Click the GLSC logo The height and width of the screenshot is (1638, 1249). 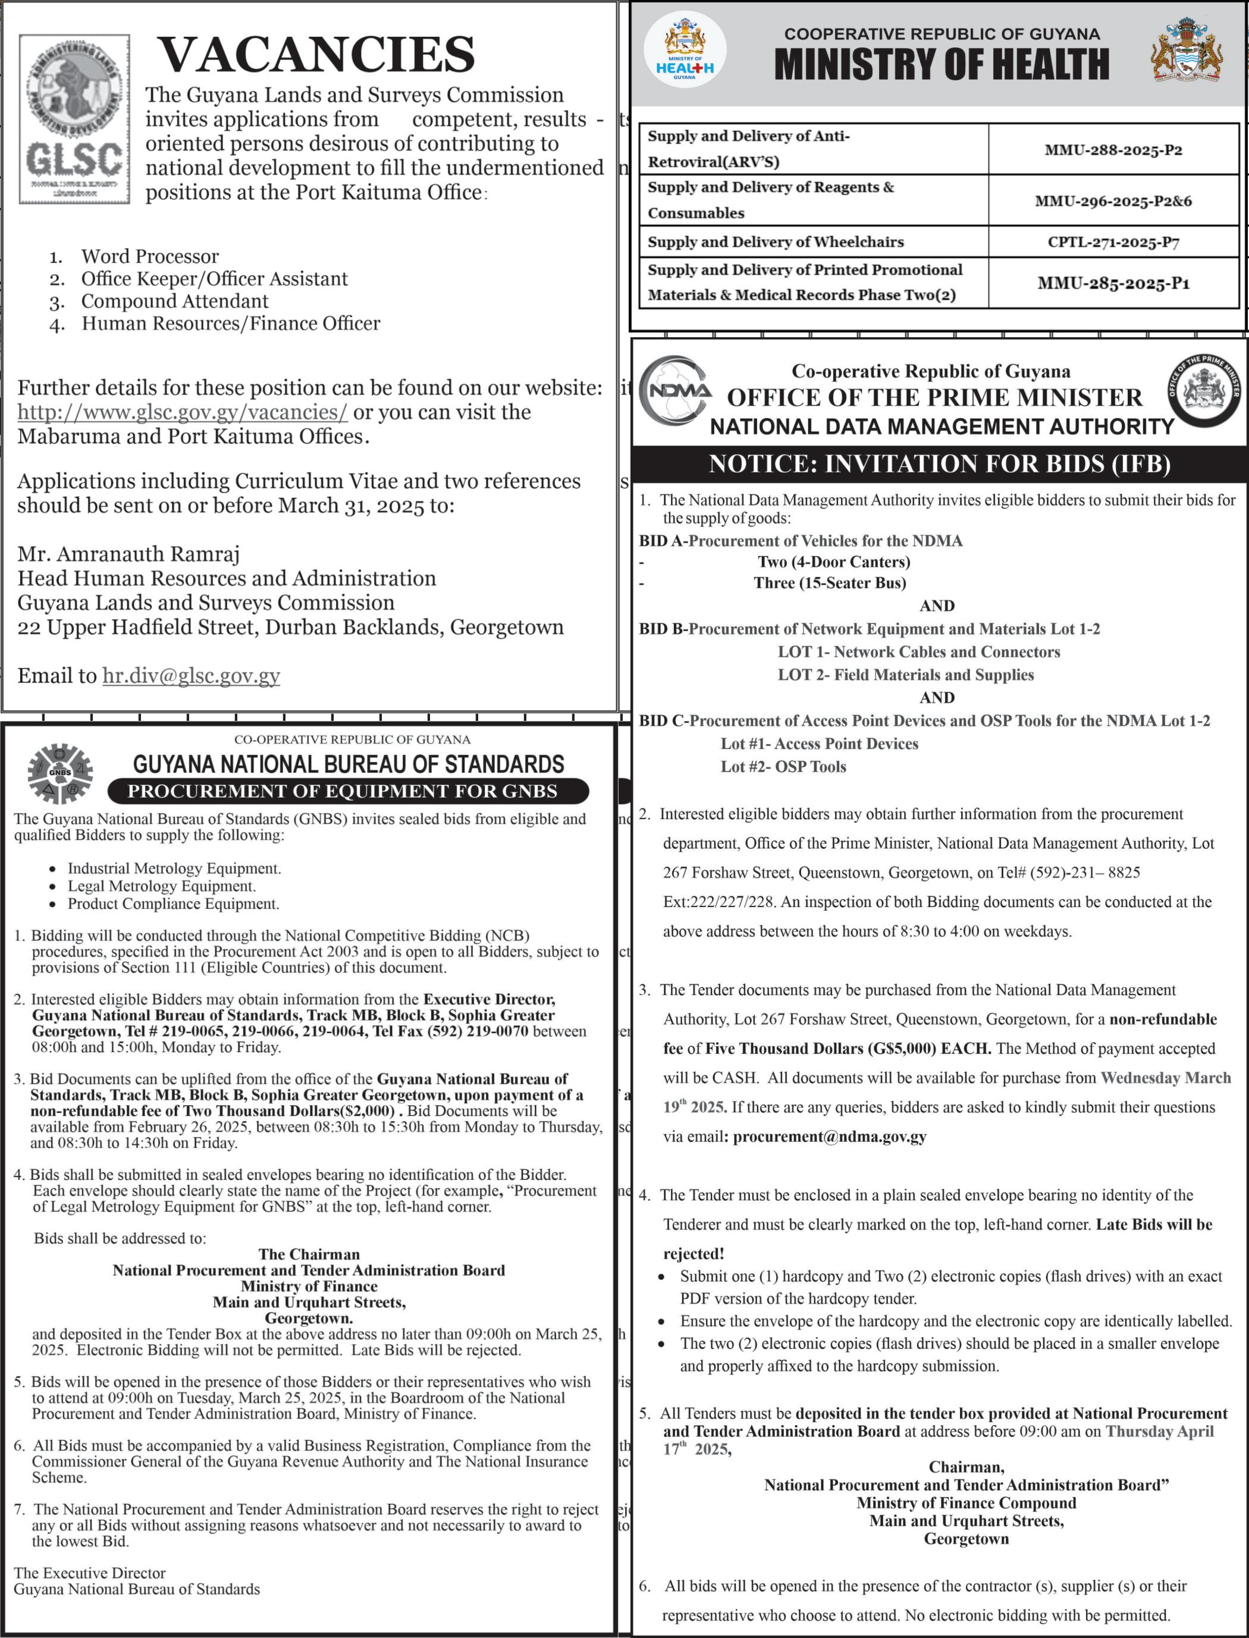point(74,119)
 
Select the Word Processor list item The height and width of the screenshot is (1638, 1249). point(149,256)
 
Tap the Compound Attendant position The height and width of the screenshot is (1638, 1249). point(175,301)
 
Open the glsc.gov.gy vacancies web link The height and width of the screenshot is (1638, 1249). point(182,412)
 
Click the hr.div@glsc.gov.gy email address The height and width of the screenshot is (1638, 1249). point(191,675)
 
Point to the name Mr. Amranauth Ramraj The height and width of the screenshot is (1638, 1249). point(128,554)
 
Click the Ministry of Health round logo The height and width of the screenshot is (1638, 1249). point(685,51)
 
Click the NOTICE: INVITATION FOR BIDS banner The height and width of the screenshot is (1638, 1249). point(939,464)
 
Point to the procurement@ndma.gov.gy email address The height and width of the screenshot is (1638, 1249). point(830,1136)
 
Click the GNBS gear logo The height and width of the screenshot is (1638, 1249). point(60,773)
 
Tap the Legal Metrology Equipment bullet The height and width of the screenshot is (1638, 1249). point(161,886)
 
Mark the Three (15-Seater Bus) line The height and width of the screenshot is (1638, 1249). point(830,583)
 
